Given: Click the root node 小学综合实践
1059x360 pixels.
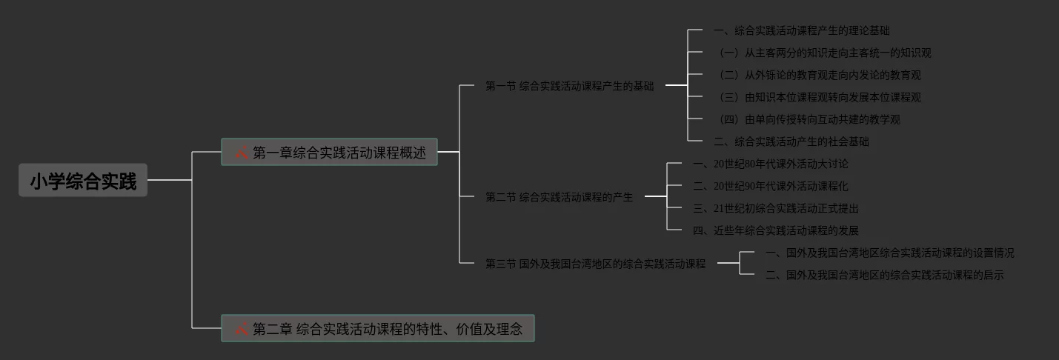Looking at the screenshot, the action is point(83,181).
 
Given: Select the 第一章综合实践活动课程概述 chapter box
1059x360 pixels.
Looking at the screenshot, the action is point(330,153).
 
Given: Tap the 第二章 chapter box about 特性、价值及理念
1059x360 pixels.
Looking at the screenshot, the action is point(378,328).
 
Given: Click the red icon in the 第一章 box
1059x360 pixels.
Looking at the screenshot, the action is point(242,153).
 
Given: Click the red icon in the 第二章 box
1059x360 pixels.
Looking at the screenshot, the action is point(242,328).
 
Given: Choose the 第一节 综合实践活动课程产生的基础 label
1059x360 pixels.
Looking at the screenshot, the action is point(569,86).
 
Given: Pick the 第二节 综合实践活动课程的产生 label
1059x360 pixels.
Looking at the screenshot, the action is point(559,197).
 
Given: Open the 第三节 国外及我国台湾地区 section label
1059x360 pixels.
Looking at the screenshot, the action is point(595,263).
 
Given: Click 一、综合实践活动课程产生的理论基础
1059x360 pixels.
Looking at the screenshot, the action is point(800,30).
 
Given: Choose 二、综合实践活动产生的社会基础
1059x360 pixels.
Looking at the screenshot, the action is point(790,141).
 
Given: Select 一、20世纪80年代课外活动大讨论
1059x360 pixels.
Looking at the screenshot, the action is point(770,164).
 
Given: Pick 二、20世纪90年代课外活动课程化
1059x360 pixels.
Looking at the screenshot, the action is point(770,186).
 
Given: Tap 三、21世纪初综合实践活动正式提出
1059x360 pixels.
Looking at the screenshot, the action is point(775,208).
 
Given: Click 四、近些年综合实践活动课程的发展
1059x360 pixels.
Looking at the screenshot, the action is point(775,230).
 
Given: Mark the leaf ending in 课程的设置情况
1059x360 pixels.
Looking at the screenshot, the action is point(889,253).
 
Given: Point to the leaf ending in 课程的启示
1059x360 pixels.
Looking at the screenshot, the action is point(884,275).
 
